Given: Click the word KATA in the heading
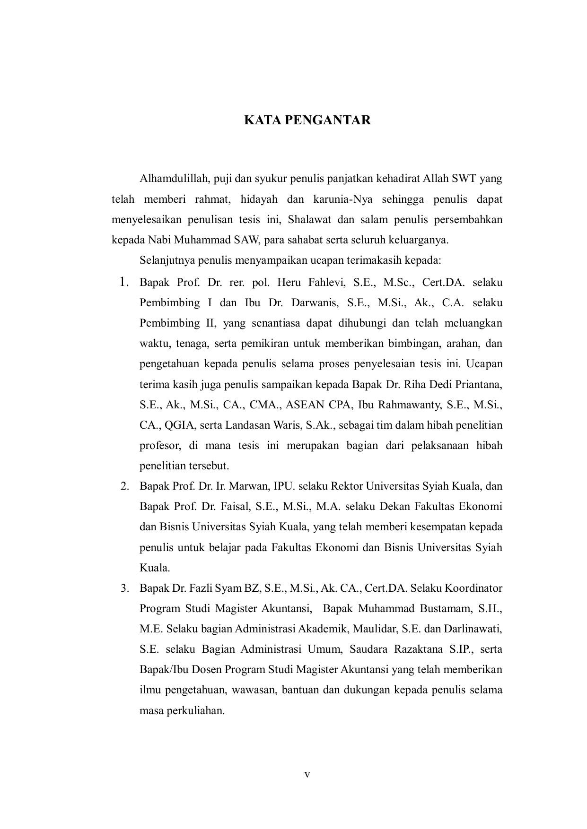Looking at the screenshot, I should coord(259,120).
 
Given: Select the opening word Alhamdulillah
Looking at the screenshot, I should coord(174,179).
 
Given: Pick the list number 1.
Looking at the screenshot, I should coord(124,283).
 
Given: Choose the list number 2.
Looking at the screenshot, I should coord(125,486).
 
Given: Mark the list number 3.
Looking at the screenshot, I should coord(125,588).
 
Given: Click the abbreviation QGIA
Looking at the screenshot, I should coord(180,425).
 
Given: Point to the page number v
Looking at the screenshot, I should coord(307,775).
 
